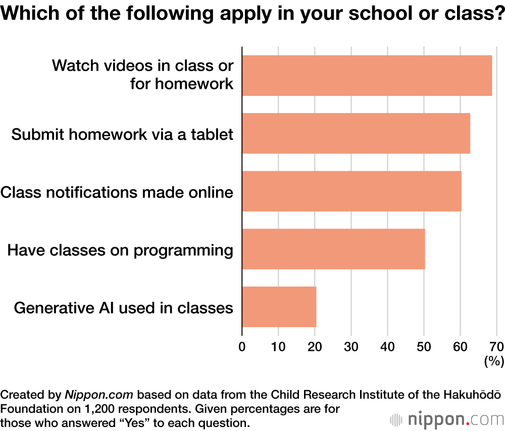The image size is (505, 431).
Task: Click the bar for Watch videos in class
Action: coord(367,75)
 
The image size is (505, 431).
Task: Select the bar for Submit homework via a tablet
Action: coord(356,133)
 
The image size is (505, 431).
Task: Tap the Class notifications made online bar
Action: coord(351,191)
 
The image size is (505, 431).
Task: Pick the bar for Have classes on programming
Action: coord(333,249)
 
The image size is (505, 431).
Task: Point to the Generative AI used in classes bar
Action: coord(279,307)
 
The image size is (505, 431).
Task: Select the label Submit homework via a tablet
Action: coord(122,134)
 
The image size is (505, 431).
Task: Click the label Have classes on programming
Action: coord(120,250)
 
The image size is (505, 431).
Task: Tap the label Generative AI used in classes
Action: coord(124,307)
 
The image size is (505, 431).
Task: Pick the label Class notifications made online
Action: coord(117,192)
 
